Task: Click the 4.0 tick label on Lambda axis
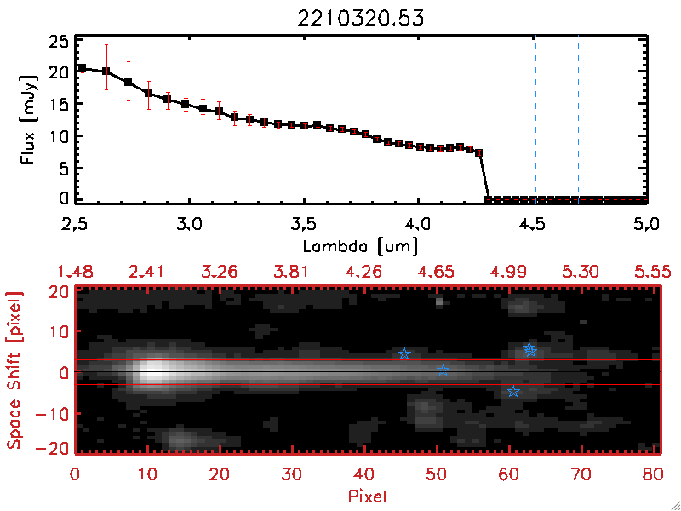[419, 227]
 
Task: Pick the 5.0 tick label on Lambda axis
[648, 227]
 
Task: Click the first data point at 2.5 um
[81, 68]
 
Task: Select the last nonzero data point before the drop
[479, 152]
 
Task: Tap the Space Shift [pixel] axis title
[14, 370]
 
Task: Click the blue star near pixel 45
[405, 353]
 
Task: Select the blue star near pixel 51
[443, 370]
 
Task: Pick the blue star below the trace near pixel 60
[513, 391]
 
